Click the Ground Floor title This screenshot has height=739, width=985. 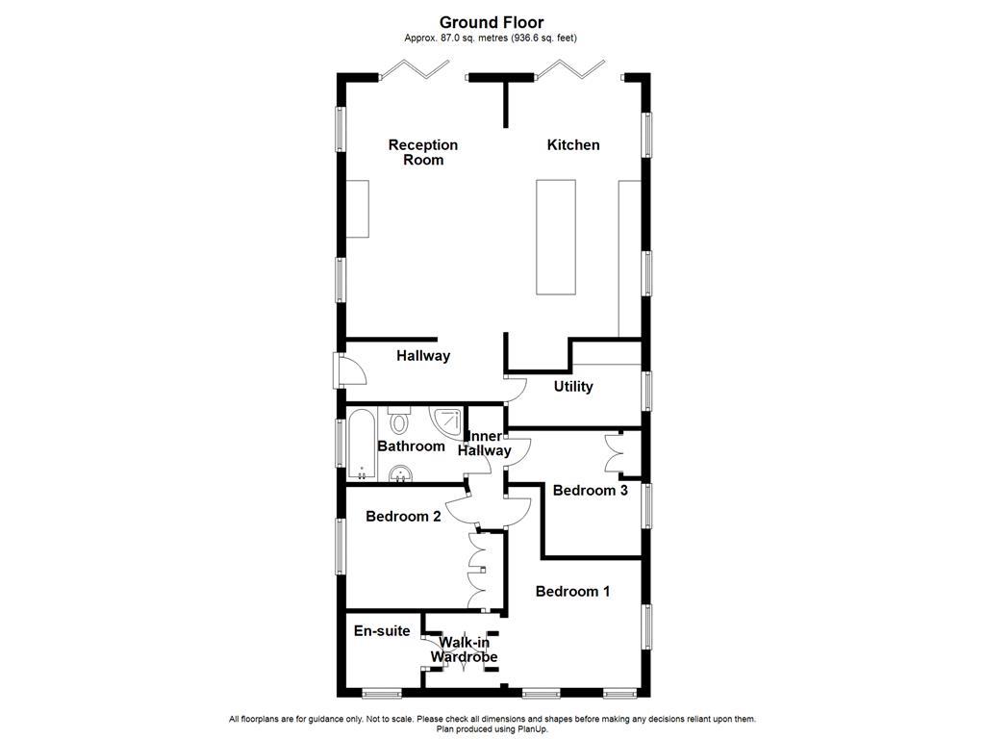pyautogui.click(x=492, y=21)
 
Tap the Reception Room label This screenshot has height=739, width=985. pyautogui.click(x=423, y=152)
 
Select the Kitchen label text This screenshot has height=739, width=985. pyautogui.click(x=573, y=144)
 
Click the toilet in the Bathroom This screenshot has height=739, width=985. pyautogui.click(x=400, y=420)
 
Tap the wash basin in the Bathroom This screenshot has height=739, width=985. pyautogui.click(x=400, y=472)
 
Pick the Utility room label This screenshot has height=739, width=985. pyautogui.click(x=573, y=386)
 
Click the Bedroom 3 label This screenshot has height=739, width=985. pyautogui.click(x=591, y=490)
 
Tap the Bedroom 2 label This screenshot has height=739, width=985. pyautogui.click(x=403, y=516)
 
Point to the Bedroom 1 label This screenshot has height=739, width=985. pyautogui.click(x=572, y=591)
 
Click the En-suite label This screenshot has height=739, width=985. pyautogui.click(x=382, y=631)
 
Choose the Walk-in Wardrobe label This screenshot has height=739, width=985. pyautogui.click(x=464, y=650)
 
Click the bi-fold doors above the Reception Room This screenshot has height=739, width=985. pyautogui.click(x=416, y=68)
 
